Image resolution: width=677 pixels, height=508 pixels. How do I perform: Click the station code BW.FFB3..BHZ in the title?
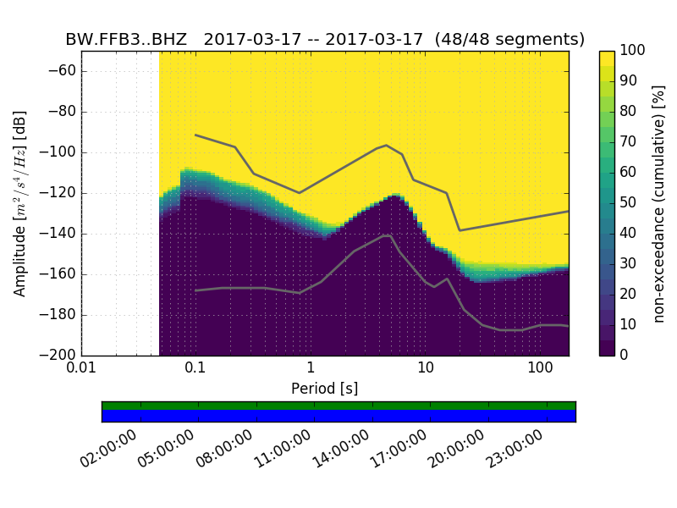[x=126, y=40]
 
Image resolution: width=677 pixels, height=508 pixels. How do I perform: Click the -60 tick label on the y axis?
[x=63, y=71]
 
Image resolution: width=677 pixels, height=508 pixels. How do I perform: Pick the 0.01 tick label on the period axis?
[x=81, y=369]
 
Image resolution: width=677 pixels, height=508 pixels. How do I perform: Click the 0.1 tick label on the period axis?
[x=195, y=369]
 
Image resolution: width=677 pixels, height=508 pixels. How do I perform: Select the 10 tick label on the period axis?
[x=426, y=369]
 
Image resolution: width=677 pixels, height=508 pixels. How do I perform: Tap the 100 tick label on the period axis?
[x=540, y=369]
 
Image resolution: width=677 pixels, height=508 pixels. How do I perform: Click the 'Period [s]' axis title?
[x=324, y=389]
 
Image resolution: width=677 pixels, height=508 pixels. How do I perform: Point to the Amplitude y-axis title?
[x=20, y=203]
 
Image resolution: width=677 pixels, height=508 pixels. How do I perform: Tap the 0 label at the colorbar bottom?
[x=625, y=355]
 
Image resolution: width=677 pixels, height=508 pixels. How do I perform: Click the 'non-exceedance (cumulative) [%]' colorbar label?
[x=660, y=203]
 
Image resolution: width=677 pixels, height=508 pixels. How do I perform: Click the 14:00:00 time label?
[x=341, y=450]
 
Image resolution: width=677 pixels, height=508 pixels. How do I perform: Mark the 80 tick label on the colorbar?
[x=629, y=112]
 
